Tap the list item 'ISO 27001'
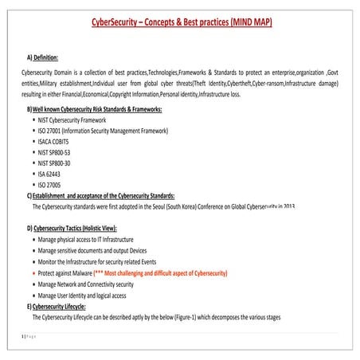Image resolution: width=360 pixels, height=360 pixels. [103, 131]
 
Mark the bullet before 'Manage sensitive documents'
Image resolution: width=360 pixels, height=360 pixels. [33, 251]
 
